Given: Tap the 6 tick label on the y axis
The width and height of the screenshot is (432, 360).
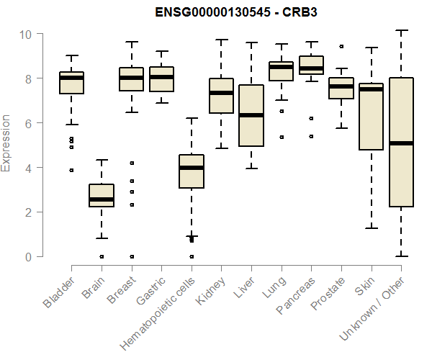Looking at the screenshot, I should tap(28, 123).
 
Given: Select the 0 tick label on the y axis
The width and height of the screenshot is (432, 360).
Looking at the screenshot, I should tap(28, 256).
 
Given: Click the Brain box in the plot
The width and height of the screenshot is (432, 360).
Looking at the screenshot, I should tap(102, 195).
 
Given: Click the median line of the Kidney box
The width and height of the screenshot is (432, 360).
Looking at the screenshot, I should tap(221, 93).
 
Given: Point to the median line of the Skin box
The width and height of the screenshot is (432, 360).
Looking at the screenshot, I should tap(370, 89).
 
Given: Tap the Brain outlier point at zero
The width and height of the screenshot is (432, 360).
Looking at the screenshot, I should tap(102, 256).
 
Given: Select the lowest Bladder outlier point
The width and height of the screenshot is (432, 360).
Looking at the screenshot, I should tap(71, 170).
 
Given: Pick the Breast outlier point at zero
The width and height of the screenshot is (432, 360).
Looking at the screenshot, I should tap(131, 256).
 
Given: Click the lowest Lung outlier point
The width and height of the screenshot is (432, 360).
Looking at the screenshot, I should tap(281, 137).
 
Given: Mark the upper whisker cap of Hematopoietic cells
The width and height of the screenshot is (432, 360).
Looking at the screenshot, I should tap(191, 118).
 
